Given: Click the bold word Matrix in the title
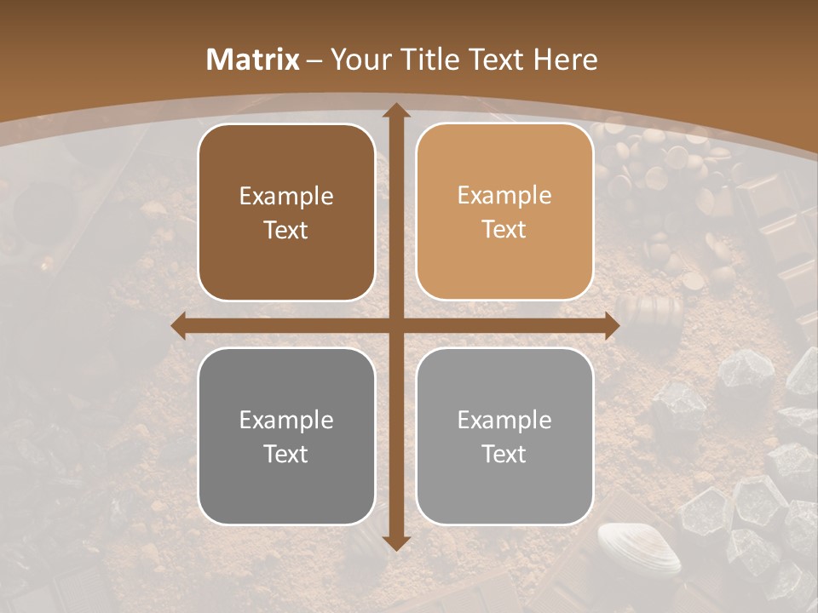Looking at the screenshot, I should point(253,60).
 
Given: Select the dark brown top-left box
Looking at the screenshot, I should point(286,213).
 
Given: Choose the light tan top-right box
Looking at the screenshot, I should point(504,213).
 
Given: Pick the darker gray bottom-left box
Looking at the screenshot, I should point(286,436).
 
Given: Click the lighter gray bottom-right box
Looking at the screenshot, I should point(504,436).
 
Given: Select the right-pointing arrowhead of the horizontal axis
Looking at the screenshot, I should point(611,326).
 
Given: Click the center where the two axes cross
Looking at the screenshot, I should point(395,326).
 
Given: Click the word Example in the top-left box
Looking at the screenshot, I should point(286,197).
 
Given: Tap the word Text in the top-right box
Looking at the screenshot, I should point(504,230).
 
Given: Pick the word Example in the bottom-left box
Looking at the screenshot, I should point(286,421).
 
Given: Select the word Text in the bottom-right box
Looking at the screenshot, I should point(504,454).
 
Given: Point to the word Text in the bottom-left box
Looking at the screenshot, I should point(286,454).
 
